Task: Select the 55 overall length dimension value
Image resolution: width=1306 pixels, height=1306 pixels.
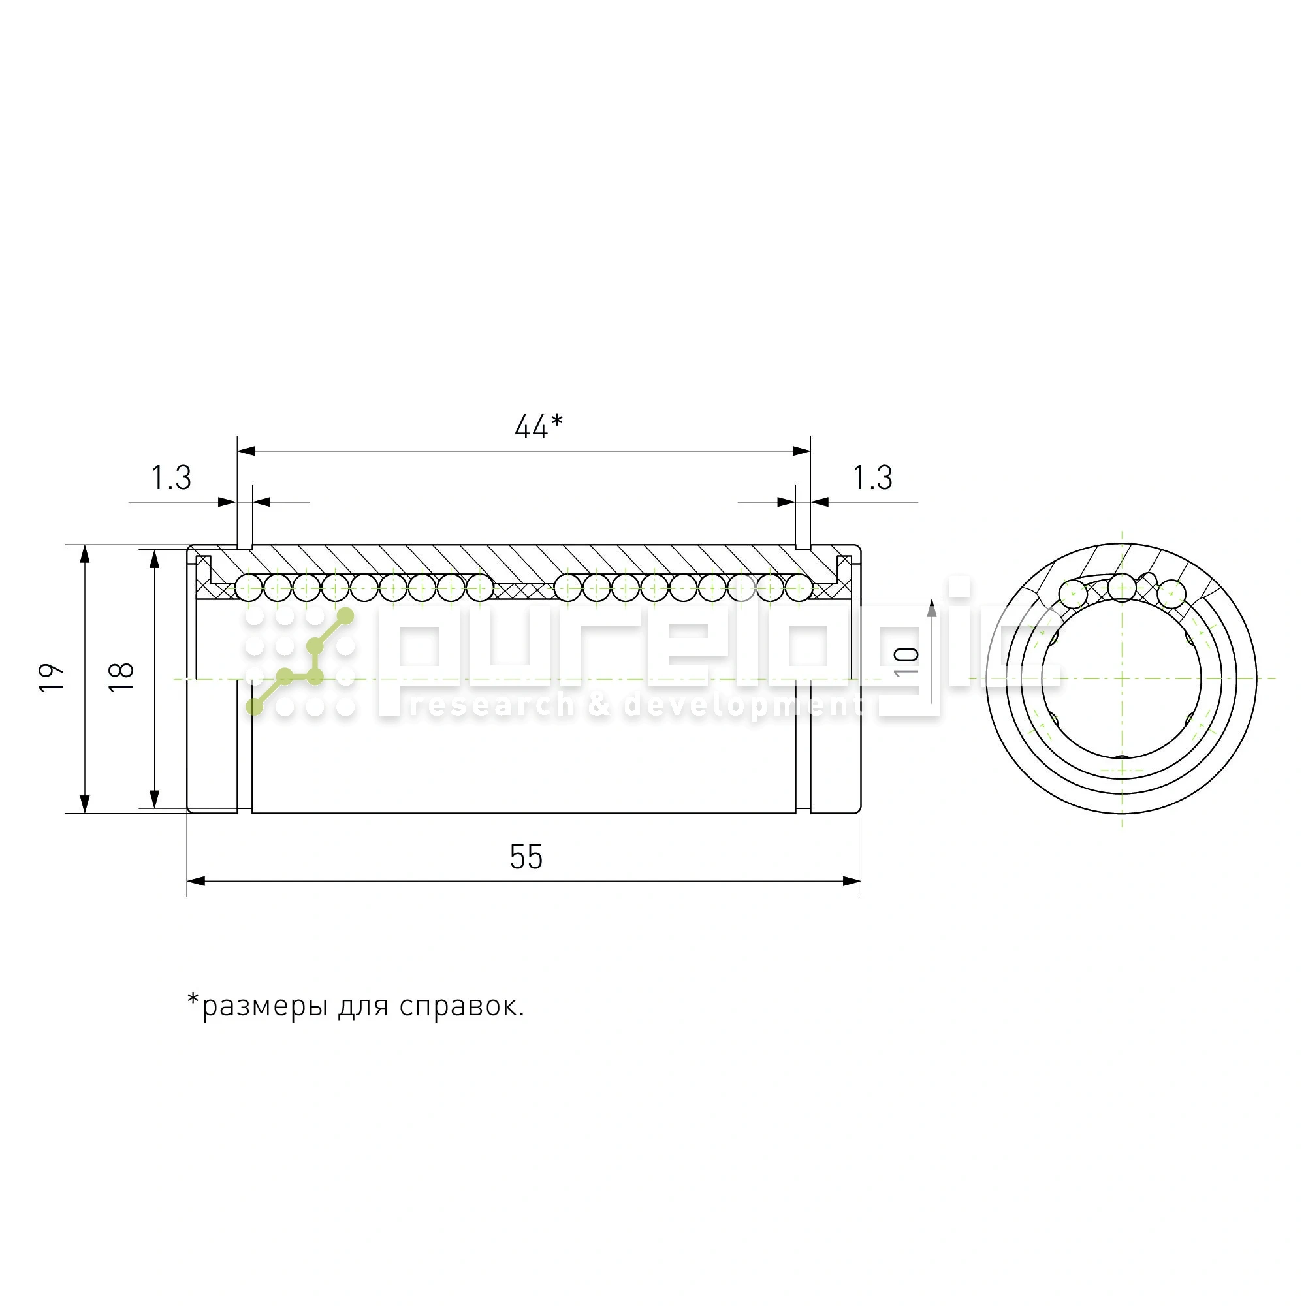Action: (x=526, y=858)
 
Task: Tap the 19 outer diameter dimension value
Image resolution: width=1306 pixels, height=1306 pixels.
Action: (x=52, y=677)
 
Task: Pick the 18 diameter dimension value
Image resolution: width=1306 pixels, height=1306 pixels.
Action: (x=122, y=677)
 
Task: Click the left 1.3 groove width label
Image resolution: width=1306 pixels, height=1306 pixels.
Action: (x=171, y=479)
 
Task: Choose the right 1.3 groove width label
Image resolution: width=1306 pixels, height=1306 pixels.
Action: (x=872, y=479)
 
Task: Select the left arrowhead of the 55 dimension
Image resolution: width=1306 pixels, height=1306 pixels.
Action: (x=196, y=882)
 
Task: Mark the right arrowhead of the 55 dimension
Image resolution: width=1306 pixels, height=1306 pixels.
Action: (x=852, y=882)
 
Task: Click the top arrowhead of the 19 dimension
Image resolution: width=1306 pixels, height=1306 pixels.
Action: (x=84, y=554)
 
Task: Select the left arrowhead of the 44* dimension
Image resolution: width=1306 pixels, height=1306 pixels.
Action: (x=246, y=451)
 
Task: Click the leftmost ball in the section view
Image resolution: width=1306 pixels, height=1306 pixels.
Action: (x=248, y=588)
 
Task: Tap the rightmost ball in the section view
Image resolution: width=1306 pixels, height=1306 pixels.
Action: (x=799, y=588)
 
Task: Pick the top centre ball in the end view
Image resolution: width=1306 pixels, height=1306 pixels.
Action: (x=1122, y=588)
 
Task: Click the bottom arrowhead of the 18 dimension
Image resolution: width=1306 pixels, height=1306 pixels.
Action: (x=154, y=799)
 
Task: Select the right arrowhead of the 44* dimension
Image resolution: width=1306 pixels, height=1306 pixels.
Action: (x=802, y=451)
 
